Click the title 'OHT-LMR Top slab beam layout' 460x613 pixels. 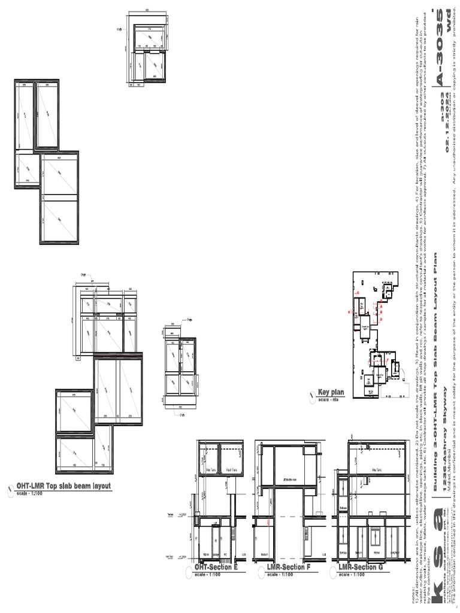click(x=63, y=486)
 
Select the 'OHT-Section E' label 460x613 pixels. click(x=216, y=567)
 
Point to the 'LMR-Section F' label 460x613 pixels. click(x=289, y=567)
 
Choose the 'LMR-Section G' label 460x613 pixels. click(x=361, y=567)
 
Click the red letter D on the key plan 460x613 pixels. click(x=381, y=319)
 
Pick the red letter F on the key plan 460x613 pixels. click(x=387, y=360)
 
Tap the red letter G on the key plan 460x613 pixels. click(x=358, y=293)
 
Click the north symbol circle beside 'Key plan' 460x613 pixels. click(x=311, y=394)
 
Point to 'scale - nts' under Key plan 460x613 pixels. click(x=328, y=399)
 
